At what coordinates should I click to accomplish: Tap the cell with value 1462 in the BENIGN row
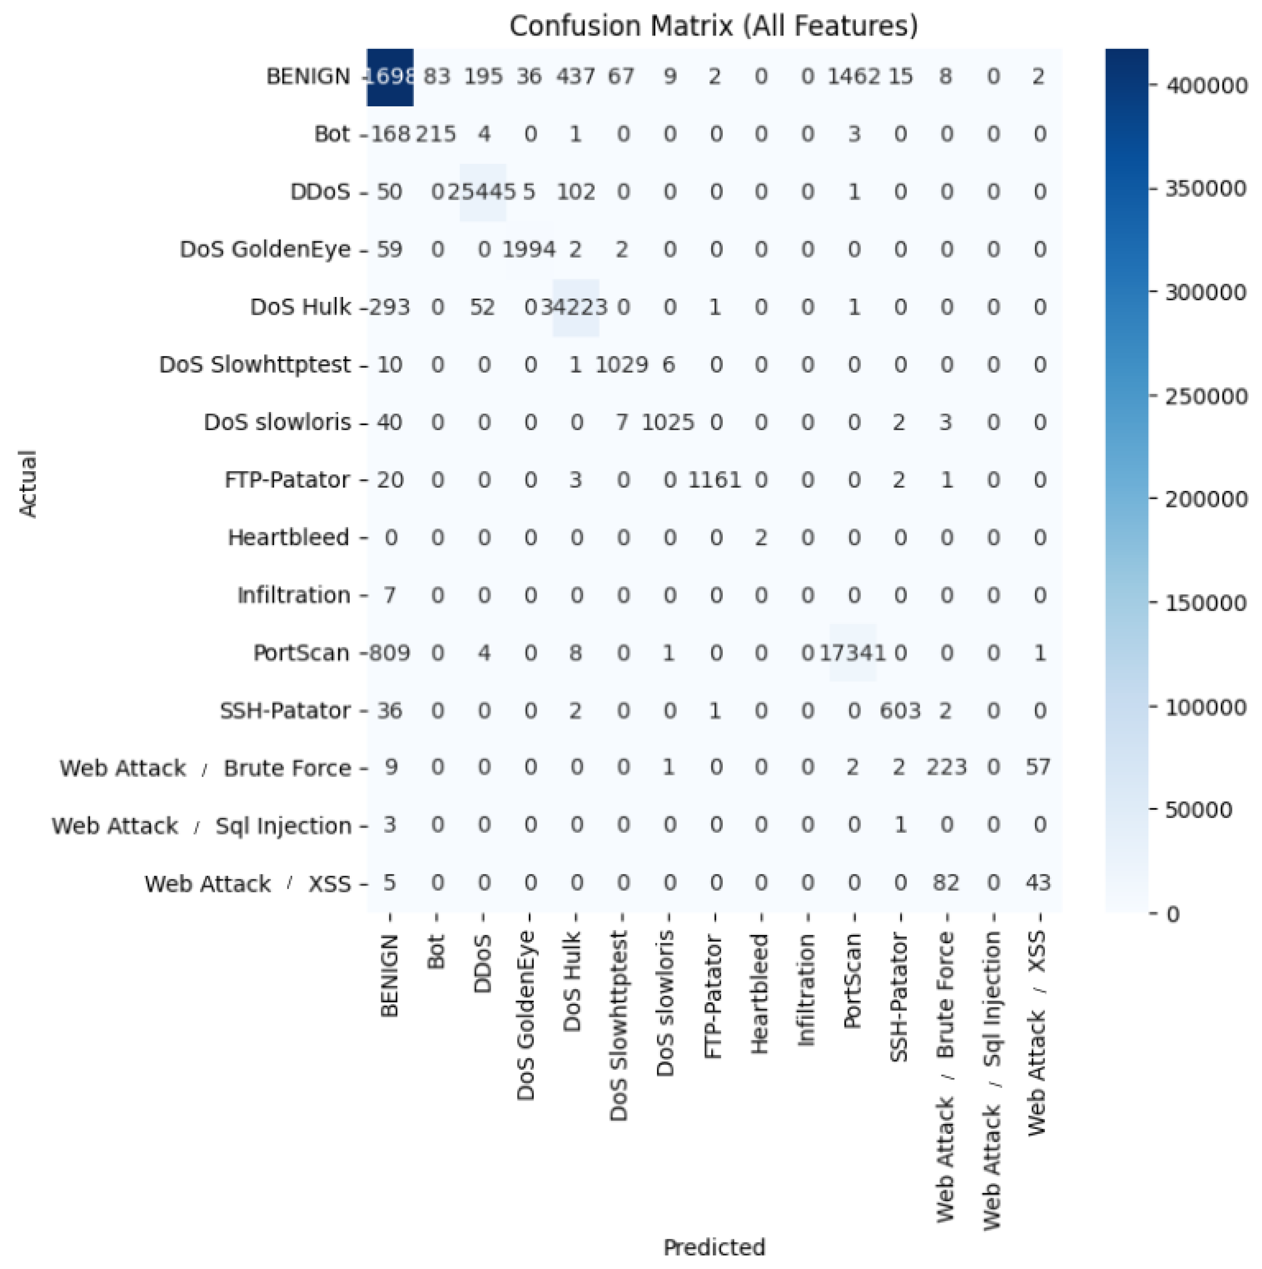853,77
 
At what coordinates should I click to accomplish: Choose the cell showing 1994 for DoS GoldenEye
529,250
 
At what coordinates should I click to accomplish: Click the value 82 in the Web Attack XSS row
946,883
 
